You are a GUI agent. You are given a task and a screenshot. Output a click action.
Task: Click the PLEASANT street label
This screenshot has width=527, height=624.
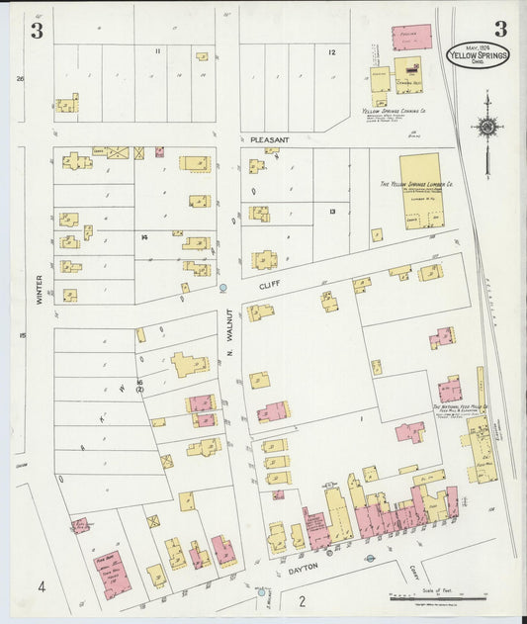pyautogui.click(x=269, y=140)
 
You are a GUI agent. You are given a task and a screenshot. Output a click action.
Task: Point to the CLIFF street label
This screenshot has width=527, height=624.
pyautogui.click(x=264, y=284)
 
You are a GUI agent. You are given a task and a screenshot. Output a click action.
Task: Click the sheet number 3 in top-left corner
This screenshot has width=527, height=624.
pyautogui.click(x=37, y=30)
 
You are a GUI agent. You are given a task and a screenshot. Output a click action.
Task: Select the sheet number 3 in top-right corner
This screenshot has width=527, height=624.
pyautogui.click(x=500, y=28)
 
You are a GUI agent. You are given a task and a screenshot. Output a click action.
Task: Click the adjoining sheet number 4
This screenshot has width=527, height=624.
pyautogui.click(x=42, y=587)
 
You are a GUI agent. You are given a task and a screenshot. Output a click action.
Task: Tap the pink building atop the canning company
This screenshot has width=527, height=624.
pyautogui.click(x=411, y=38)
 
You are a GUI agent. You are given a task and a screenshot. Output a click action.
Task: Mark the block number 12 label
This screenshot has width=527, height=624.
pyautogui.click(x=332, y=51)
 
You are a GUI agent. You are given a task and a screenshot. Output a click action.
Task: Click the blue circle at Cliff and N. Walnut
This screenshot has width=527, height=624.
pyautogui.click(x=223, y=288)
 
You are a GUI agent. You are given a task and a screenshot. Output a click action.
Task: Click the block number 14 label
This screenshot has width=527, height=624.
pyautogui.click(x=143, y=237)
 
